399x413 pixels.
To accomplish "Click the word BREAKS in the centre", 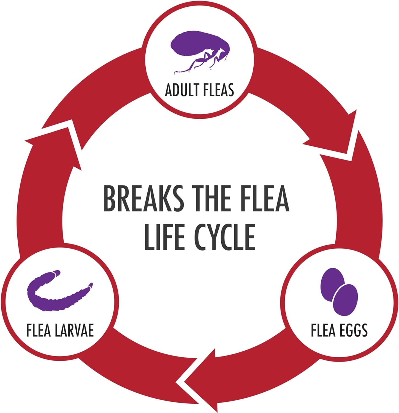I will (143, 198).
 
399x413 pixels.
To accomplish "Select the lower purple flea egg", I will (345, 300).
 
